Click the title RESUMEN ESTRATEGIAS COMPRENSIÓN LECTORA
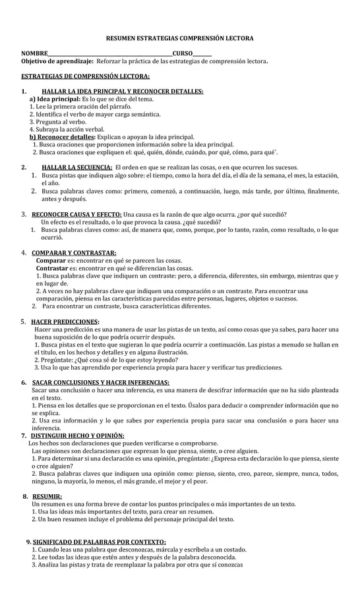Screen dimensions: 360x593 pyautogui.click(x=179, y=40)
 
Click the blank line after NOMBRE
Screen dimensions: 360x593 pyautogui.click(x=109, y=54)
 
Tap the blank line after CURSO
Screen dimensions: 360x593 pyautogui.click(x=202, y=54)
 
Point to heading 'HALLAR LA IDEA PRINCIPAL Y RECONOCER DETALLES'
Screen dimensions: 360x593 pyautogui.click(x=122, y=91)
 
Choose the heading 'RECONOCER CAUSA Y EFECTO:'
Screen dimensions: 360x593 pyautogui.click(x=76, y=215)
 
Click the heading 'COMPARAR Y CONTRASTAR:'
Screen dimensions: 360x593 pyautogui.click(x=74, y=253)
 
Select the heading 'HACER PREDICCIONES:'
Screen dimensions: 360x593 pyautogui.click(x=65, y=322)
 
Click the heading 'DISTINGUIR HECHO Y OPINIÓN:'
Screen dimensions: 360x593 pyautogui.click(x=78, y=436)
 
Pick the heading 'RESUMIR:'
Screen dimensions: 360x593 pyautogui.click(x=47, y=496)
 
